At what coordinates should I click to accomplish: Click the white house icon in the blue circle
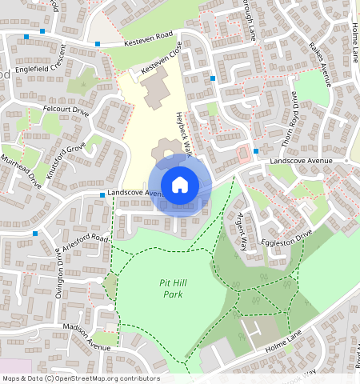(180, 185)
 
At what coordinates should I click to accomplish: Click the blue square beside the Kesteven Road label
(98, 43)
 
